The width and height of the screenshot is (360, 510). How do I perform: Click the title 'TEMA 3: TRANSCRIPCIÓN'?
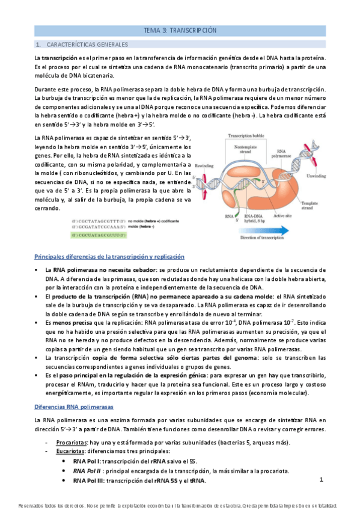click(180, 30)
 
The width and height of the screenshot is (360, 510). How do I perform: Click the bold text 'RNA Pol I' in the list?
click(87, 461)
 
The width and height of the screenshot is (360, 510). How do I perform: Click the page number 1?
click(322, 480)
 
